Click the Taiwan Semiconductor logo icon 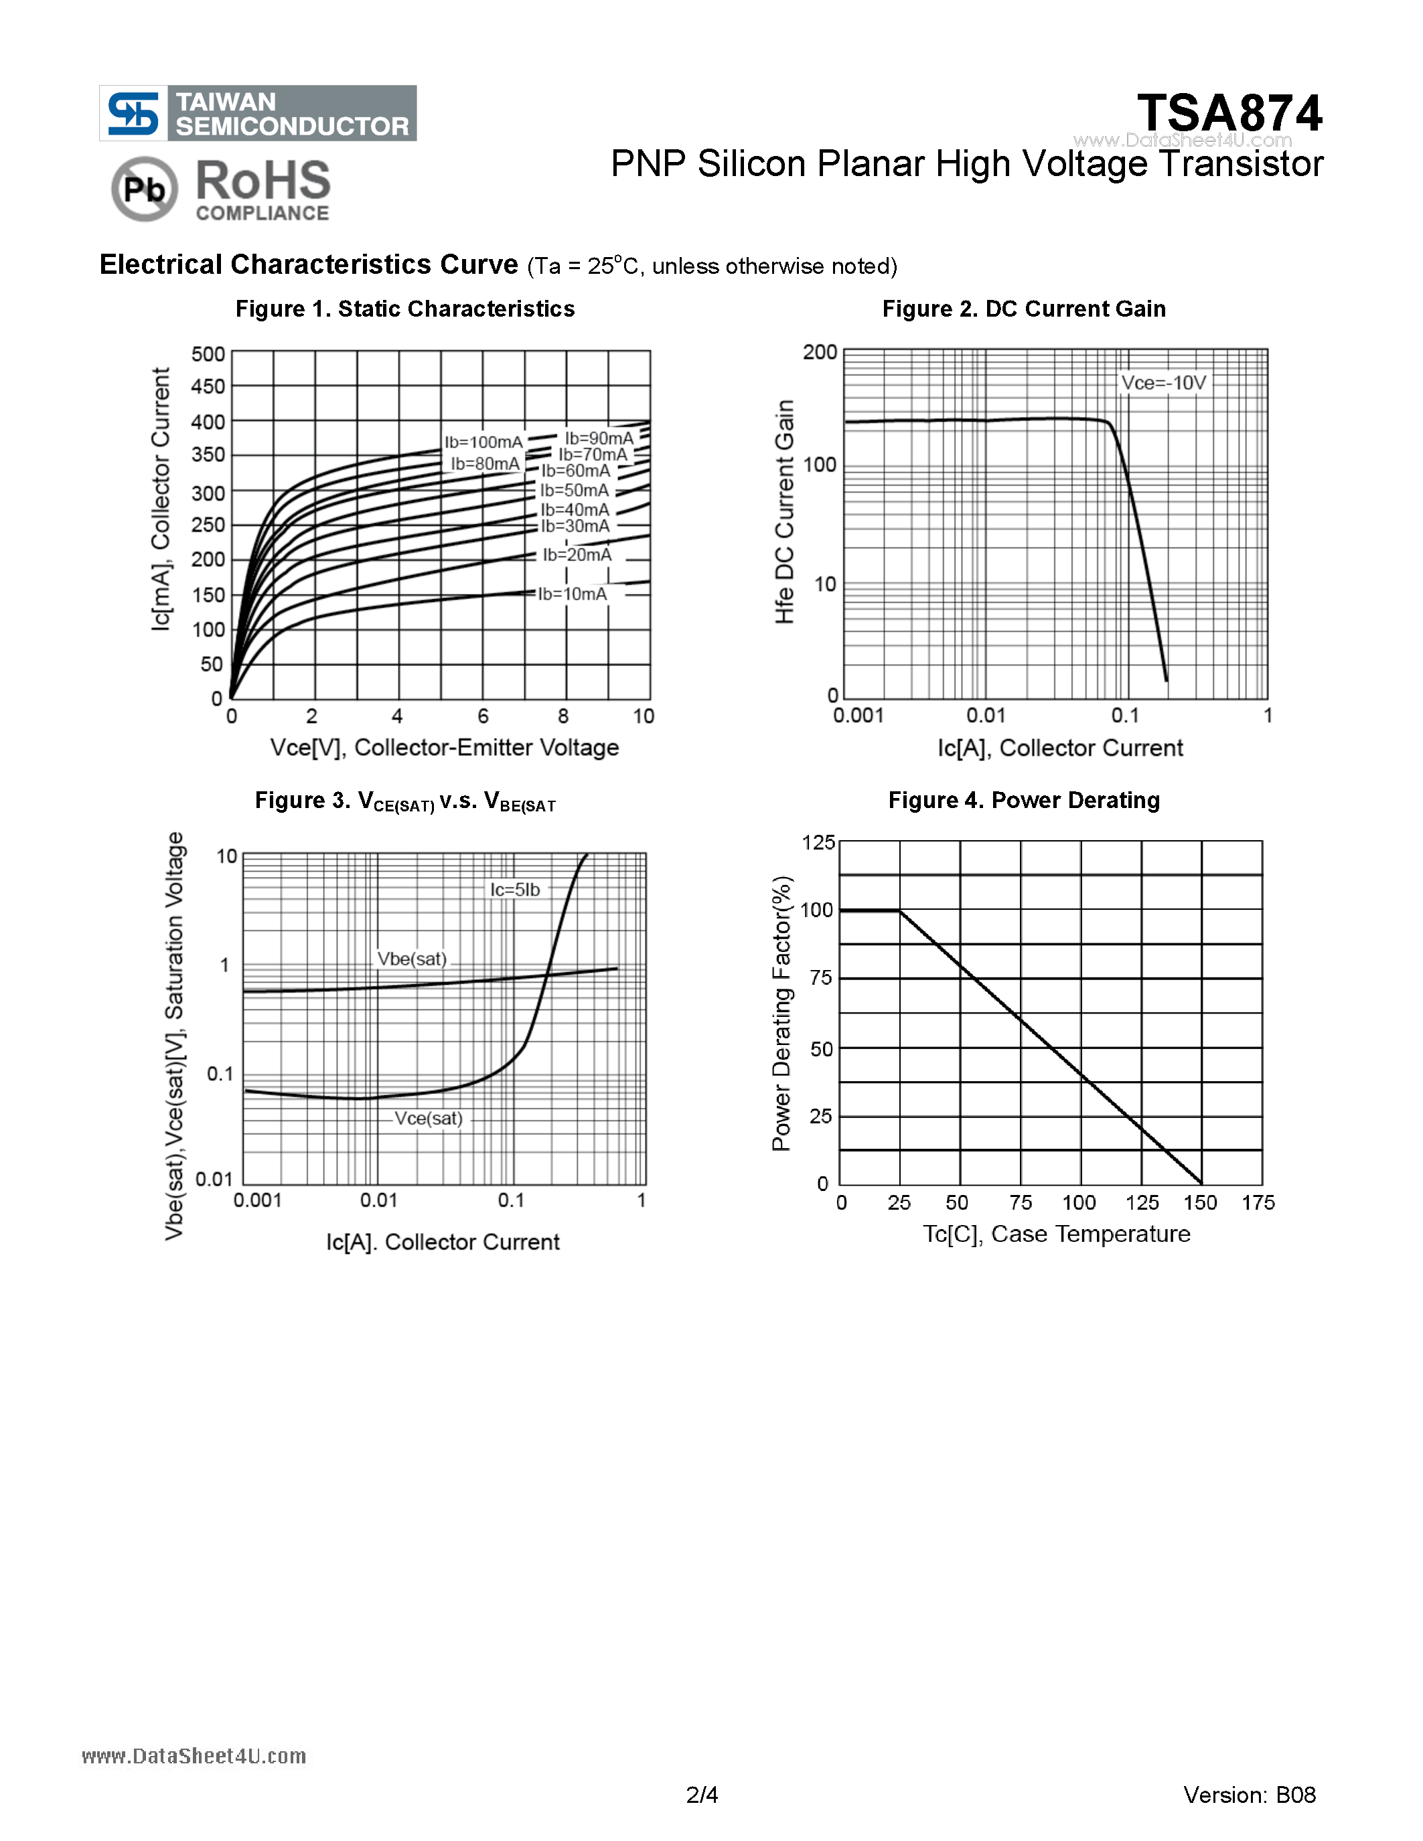pos(133,113)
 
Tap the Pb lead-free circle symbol pos(144,189)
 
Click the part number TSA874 pos(1229,113)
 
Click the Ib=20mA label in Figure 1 pos(577,555)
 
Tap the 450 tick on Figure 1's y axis pos(208,386)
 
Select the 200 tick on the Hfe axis pos(820,351)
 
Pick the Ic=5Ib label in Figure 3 pos(515,889)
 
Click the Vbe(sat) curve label pos(411,959)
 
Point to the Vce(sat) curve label pos(429,1119)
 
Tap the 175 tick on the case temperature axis pos(1258,1203)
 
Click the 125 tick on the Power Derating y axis pos(818,842)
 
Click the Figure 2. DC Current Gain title pos(1023,309)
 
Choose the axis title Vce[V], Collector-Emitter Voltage pos(444,748)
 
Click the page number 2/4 pos(702,1795)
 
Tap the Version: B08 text pos(1250,1795)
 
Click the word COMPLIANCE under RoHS pos(263,214)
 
